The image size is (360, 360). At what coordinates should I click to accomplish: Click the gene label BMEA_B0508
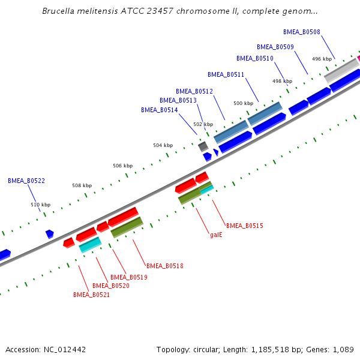tap(301, 32)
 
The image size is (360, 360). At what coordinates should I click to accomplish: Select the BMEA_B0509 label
tap(275, 46)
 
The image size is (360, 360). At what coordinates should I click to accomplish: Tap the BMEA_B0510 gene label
tap(254, 58)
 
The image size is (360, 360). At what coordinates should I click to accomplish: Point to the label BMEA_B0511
tap(226, 74)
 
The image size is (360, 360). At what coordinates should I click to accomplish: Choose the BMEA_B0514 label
tap(159, 110)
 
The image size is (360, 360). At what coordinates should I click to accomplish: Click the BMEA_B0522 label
tap(26, 180)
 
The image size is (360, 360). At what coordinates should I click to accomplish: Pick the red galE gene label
tap(216, 235)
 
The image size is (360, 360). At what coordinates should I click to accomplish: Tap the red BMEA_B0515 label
tap(244, 225)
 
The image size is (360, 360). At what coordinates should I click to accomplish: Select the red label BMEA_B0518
tap(165, 265)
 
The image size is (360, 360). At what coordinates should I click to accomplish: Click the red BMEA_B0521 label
tap(91, 295)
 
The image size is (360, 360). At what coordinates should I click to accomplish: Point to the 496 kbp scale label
tap(322, 59)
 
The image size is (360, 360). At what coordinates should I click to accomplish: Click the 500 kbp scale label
tap(243, 103)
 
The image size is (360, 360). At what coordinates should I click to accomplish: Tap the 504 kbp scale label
tap(163, 145)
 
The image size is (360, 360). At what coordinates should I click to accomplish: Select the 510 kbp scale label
tap(40, 205)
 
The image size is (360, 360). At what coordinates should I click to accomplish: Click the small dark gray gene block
tap(203, 146)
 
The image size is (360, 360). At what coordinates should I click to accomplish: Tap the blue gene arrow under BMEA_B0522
tap(49, 233)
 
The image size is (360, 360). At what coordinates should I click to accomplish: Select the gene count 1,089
tap(342, 349)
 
